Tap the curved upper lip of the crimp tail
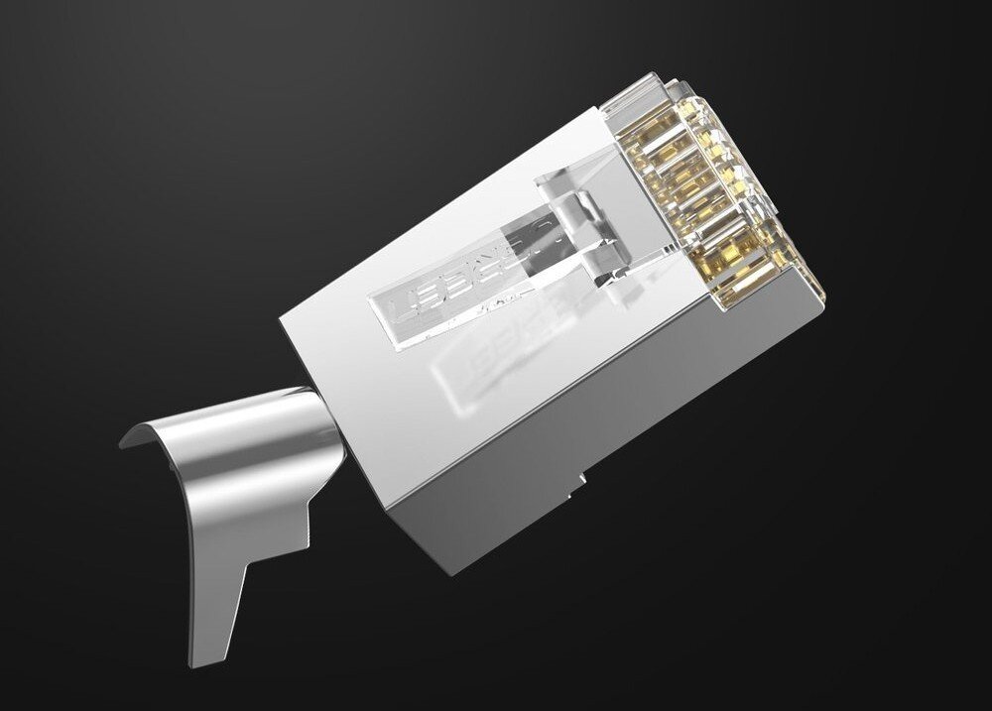(x=149, y=431)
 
